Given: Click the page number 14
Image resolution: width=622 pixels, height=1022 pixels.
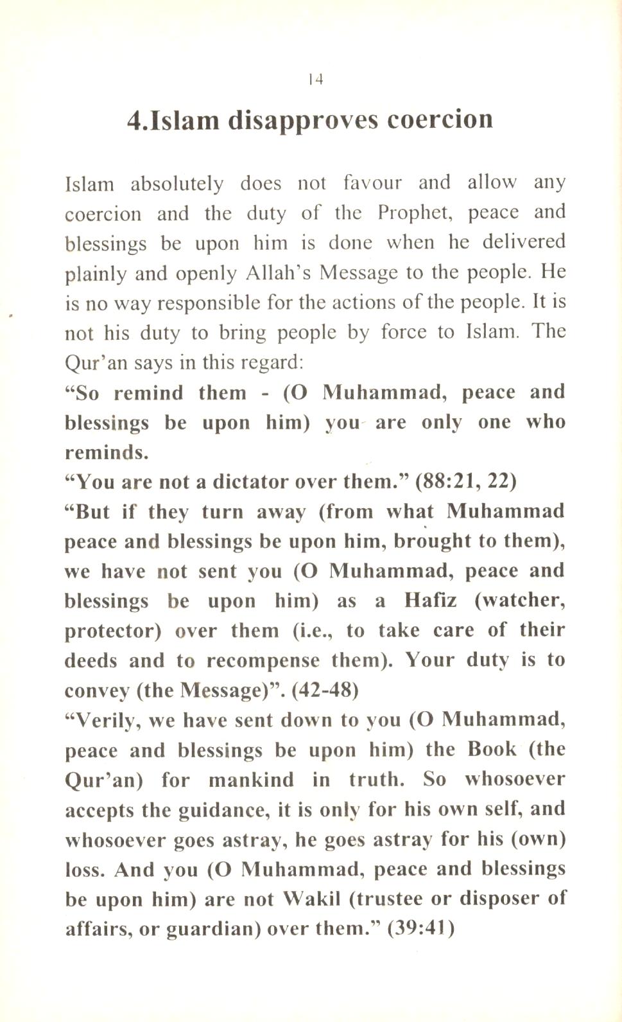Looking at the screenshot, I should tap(315, 80).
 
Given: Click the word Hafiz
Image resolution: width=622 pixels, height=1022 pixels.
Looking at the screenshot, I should tap(431, 601).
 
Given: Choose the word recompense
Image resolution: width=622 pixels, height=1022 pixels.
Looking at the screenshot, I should tap(263, 661).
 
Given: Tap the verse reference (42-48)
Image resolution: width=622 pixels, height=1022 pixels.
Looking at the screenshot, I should tap(325, 691).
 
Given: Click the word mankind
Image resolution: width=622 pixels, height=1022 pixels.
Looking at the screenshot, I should tap(251, 780).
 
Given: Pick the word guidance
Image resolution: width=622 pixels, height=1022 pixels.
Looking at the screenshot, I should tap(221, 810).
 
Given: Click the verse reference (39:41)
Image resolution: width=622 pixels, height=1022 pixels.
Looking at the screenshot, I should tap(422, 929).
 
